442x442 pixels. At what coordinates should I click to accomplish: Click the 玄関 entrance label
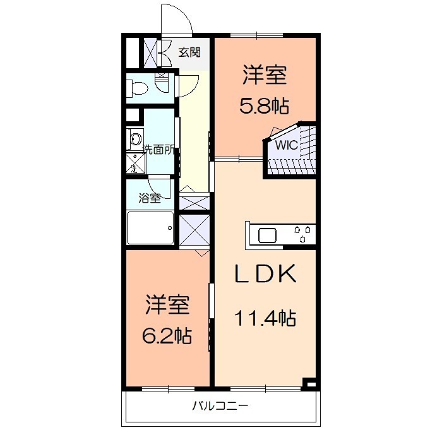tap(189, 52)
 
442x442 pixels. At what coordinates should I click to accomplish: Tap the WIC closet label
tap(285, 144)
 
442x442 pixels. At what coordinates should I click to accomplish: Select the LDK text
tap(265, 274)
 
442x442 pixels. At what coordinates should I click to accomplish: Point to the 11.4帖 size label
tap(265, 318)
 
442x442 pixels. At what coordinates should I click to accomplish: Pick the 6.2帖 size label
tap(167, 335)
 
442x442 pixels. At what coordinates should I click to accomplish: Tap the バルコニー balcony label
tap(220, 405)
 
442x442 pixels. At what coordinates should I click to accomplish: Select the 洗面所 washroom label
tap(158, 150)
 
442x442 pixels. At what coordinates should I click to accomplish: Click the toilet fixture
tap(139, 88)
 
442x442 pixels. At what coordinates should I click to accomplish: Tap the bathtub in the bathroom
tap(150, 228)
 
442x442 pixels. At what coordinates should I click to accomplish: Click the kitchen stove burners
tap(302, 234)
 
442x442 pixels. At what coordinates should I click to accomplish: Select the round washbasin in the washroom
tap(135, 140)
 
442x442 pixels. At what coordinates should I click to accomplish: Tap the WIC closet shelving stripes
tap(292, 165)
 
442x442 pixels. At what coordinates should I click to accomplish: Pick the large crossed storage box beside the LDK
tap(194, 229)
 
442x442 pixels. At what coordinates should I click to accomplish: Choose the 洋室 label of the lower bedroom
tap(167, 305)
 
